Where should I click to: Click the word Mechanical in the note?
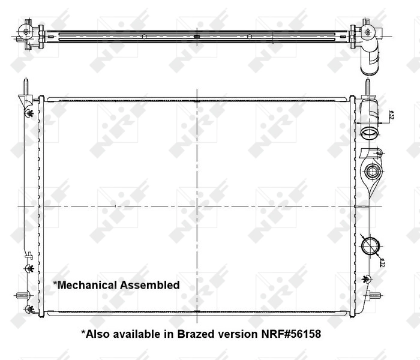[x=86, y=285]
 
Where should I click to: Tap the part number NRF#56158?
[x=290, y=334]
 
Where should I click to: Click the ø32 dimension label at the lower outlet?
[x=382, y=261]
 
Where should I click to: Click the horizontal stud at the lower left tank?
[x=22, y=295]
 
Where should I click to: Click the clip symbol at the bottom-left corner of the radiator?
[x=28, y=310]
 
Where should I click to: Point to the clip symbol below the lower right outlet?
[x=366, y=278]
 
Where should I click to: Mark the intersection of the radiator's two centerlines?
[x=197, y=206]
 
